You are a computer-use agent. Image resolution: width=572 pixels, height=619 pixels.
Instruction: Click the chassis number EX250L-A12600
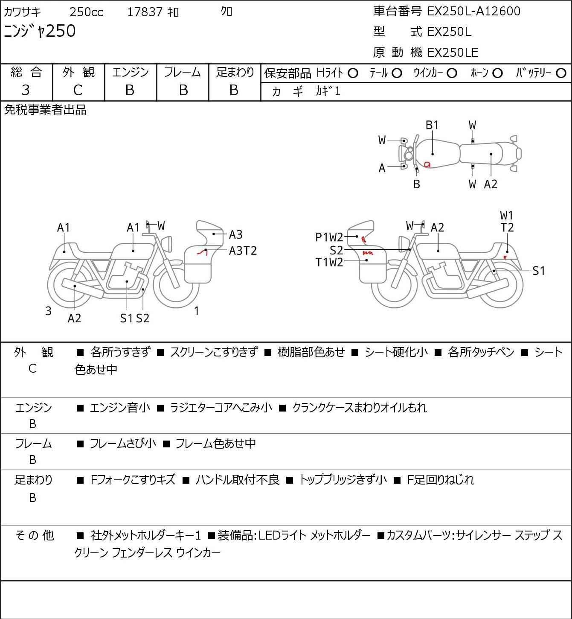pos(473,12)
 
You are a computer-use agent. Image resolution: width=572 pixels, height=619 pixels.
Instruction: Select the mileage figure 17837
pos(145,12)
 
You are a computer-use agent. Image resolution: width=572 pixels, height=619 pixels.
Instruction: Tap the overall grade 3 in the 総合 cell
pos(26,91)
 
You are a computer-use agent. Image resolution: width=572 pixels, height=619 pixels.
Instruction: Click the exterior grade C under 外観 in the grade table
pos(78,91)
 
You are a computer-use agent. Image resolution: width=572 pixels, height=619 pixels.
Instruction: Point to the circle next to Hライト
pos(353,73)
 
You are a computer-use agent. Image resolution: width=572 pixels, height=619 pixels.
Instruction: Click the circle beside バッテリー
pos(561,73)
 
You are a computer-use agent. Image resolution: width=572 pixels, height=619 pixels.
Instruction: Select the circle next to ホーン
pos(497,73)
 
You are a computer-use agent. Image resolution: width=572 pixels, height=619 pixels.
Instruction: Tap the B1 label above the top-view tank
pos(432,126)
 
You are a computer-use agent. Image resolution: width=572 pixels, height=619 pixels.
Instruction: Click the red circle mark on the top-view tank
pos(427,164)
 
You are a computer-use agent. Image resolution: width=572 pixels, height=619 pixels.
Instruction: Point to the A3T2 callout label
pos(243,251)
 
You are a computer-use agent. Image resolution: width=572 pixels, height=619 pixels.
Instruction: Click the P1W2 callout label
pos(329,237)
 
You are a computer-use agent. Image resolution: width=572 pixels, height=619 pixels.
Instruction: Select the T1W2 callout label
pos(329,263)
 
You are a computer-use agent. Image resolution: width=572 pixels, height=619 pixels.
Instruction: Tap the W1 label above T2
pos(507,216)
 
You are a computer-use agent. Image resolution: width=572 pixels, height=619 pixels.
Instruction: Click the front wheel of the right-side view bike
pos(394,285)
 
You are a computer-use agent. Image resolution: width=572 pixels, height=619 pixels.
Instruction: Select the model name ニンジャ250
pos(40,31)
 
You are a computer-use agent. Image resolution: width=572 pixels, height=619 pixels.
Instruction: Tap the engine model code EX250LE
pos(453,53)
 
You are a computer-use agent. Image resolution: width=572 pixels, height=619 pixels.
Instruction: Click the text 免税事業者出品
pos(46,110)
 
